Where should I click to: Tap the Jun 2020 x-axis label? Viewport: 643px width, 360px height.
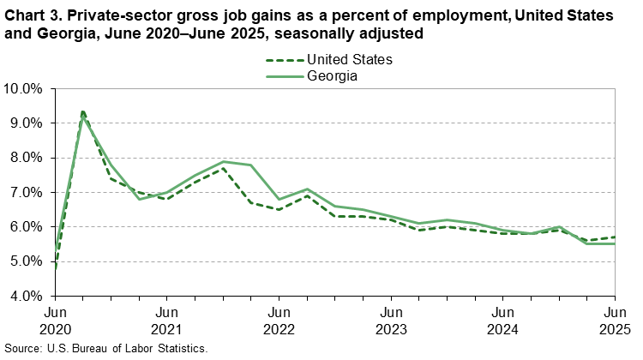pyautogui.click(x=55, y=320)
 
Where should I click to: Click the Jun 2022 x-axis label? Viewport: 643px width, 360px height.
pyautogui.click(x=279, y=320)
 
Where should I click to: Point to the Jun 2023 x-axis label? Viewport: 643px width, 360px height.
pyautogui.click(x=391, y=320)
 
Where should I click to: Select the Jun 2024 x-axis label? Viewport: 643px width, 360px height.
pyautogui.click(x=503, y=320)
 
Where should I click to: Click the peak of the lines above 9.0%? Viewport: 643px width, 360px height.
pyautogui.click(x=82, y=112)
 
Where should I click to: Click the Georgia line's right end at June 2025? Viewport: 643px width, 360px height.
pyautogui.click(x=615, y=244)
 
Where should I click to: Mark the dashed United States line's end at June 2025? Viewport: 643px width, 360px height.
pyautogui.click(x=615, y=237)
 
